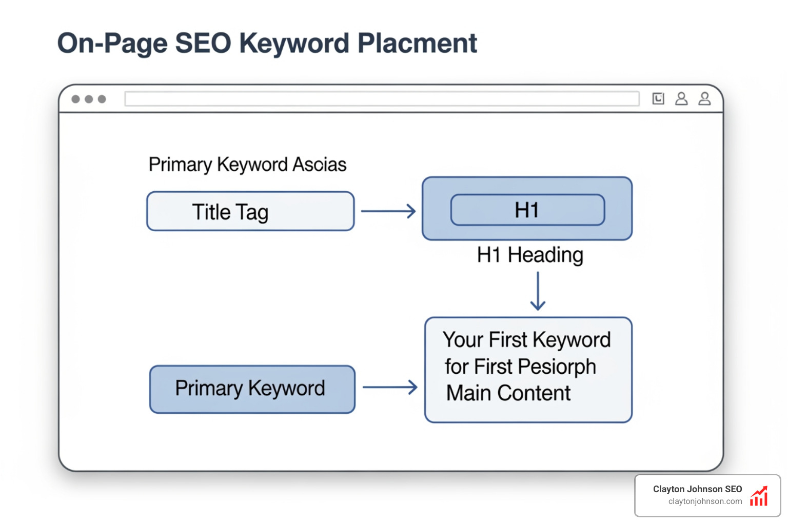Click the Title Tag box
coord(250,211)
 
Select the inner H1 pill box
coord(527,210)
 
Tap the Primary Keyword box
coord(252,389)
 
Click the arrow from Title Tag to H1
coord(388,211)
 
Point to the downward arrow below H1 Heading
coord(538,291)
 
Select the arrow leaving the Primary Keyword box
coord(389,387)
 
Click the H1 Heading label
coord(530,255)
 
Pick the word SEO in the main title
coord(203,43)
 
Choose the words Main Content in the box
coord(508,393)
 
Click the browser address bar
coord(382,99)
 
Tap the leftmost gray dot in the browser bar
coord(75,99)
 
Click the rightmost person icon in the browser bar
coord(704,98)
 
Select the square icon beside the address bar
coord(658,98)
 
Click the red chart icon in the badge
coord(759,496)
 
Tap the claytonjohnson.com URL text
coord(705,501)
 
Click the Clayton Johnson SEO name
coord(697,489)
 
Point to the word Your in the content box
coord(463,340)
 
